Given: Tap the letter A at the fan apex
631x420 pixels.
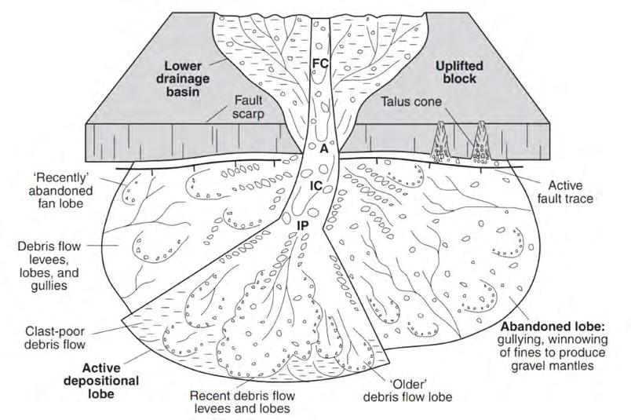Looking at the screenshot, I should coord(323,147).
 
